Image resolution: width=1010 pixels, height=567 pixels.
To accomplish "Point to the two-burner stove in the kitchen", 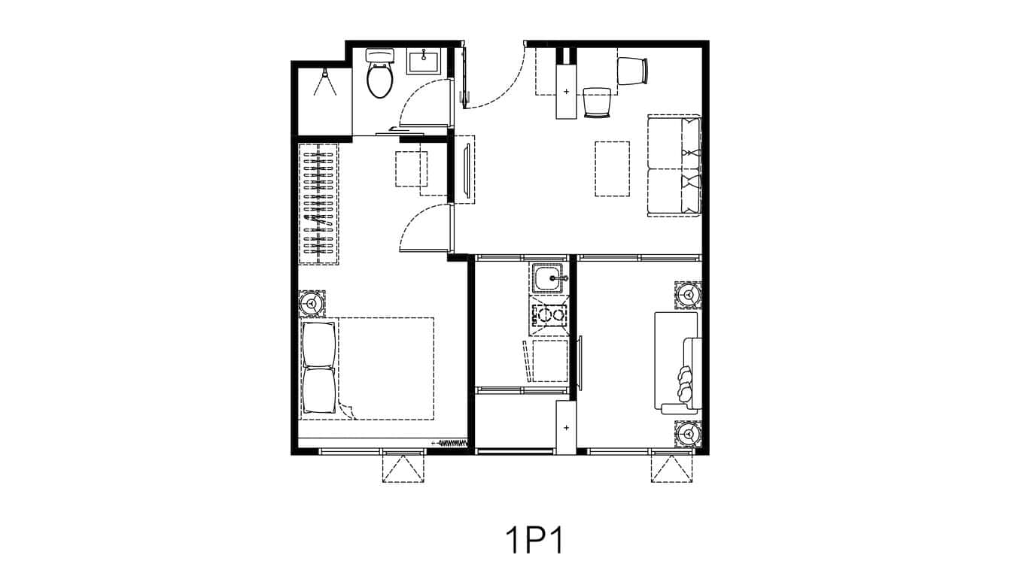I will [x=549, y=314].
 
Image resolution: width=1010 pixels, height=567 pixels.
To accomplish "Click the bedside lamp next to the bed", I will [x=312, y=303].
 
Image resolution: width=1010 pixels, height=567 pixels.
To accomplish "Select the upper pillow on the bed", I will [x=318, y=344].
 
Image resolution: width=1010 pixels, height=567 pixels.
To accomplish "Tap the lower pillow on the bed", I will [x=318, y=390].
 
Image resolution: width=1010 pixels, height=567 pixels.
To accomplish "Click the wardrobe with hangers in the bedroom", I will [x=318, y=202].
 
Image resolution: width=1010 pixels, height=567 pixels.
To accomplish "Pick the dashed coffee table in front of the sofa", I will [x=612, y=168].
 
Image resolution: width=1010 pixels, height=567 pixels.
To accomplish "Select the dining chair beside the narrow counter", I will [x=597, y=102].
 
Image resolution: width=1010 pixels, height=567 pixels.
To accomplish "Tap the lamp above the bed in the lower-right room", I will [x=688, y=295].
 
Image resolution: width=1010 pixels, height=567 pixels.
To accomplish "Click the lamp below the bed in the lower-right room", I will [x=688, y=434].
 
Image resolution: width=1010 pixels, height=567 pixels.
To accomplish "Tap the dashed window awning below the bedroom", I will [x=403, y=468].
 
